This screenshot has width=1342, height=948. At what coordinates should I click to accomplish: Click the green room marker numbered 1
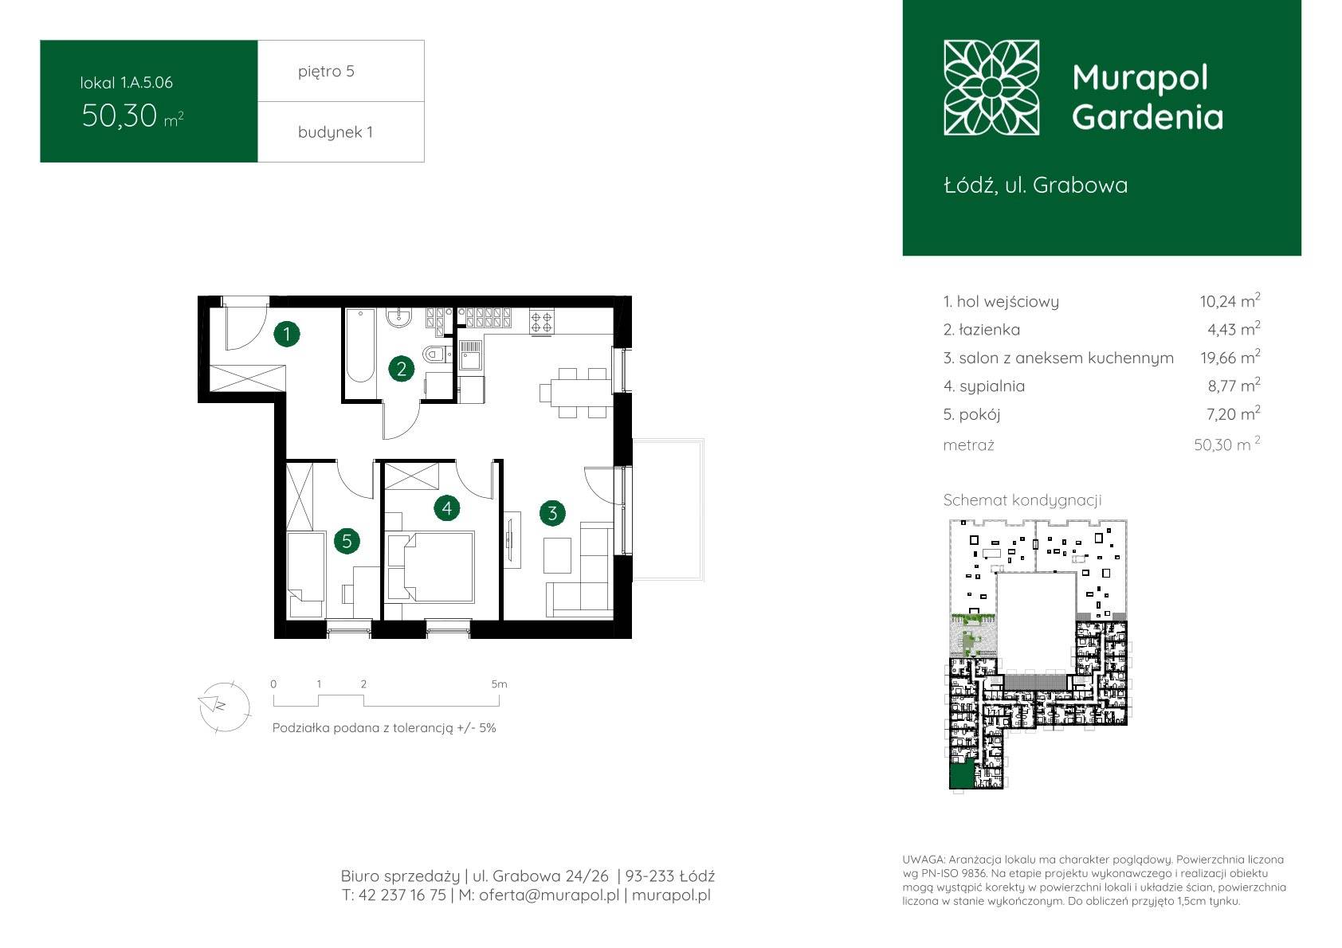(286, 334)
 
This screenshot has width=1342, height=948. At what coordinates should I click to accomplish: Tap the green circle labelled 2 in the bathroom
(401, 368)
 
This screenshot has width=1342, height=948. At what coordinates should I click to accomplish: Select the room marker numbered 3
(551, 512)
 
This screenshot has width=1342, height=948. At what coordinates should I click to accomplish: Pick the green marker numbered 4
(446, 507)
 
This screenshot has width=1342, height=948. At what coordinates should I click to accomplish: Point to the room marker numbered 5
(347, 541)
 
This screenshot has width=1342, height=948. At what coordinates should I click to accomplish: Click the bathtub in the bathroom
(360, 346)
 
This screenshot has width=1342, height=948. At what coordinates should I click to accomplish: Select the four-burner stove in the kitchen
(542, 322)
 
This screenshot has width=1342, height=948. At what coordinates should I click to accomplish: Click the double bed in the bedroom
(431, 566)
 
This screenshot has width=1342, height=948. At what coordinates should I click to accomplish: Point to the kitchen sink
(470, 355)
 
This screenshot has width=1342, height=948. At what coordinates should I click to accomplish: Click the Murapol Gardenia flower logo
(991, 88)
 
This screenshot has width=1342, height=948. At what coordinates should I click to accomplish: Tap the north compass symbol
(223, 707)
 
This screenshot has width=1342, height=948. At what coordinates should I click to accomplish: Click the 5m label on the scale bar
(499, 684)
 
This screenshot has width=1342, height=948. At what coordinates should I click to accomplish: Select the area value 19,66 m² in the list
(1230, 358)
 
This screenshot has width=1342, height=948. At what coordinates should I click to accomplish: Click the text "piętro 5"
(327, 71)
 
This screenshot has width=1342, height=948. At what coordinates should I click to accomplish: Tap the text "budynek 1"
(335, 131)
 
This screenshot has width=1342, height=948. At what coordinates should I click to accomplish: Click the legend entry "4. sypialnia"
(983, 386)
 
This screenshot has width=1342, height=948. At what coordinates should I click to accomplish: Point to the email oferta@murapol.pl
(549, 895)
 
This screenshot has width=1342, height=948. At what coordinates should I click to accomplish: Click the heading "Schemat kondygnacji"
(1022, 500)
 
